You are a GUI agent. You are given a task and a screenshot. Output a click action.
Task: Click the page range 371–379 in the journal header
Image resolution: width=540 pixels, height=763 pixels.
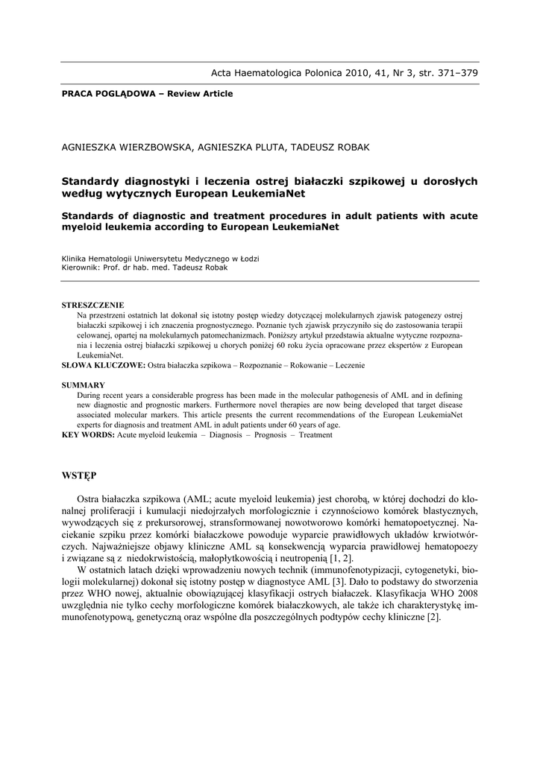tap(451, 72)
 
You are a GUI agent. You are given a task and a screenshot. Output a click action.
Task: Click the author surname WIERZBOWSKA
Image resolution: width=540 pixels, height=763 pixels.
tap(153, 148)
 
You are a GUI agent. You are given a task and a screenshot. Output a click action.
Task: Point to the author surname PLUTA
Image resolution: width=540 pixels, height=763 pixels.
tap(263, 148)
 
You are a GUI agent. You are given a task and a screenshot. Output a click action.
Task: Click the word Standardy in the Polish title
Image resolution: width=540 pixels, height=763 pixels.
tap(92, 181)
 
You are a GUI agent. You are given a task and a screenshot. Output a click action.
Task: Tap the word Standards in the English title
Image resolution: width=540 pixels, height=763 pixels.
tap(92, 216)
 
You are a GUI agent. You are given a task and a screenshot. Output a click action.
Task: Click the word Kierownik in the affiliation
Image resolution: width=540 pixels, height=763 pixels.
tap(78, 267)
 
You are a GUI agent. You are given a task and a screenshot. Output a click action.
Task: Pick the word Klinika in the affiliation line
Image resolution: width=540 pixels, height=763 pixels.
tap(75, 259)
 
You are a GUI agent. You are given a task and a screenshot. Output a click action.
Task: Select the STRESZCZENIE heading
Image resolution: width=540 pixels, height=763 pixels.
tap(92, 305)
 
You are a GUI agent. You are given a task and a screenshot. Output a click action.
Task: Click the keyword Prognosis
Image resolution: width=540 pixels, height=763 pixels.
tap(269, 434)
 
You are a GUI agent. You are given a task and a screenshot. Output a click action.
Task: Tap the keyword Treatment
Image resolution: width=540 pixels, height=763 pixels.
tap(315, 434)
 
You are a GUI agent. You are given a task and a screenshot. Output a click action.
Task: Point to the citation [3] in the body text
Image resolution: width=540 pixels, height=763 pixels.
tap(338, 581)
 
